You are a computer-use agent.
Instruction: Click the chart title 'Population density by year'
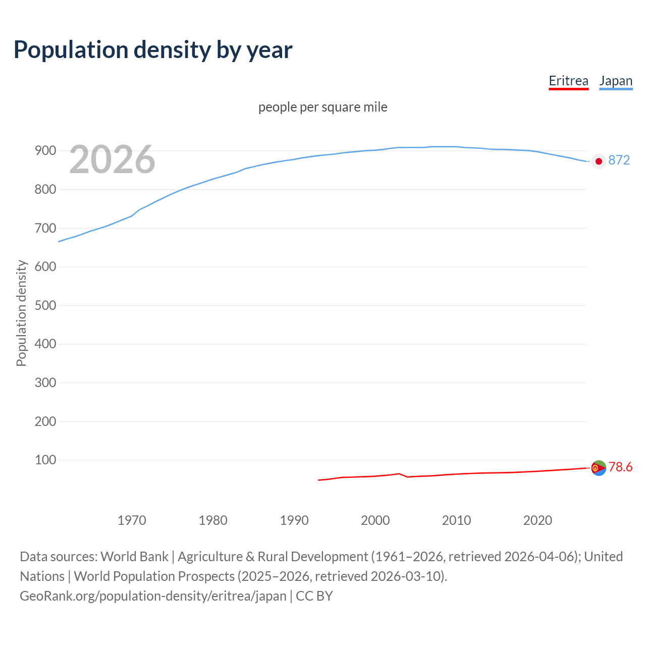coord(153,50)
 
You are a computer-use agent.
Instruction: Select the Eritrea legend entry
coord(568,81)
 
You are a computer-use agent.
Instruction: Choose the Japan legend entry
coord(616,81)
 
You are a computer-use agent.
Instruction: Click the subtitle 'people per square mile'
coord(323,107)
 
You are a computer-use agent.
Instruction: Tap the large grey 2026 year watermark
coord(112,159)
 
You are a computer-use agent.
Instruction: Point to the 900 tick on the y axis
coord(45,151)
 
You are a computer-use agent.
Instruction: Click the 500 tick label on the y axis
coord(45,305)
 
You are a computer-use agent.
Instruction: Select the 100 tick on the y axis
coord(45,460)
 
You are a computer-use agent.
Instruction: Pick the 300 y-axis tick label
coord(45,383)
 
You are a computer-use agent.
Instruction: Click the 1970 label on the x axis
coord(132,520)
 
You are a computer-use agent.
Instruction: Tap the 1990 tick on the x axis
coord(294,520)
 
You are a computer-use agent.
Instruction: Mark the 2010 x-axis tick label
coord(456,520)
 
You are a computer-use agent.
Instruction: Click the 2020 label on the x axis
coord(537,520)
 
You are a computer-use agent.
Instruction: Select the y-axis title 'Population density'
coord(21,313)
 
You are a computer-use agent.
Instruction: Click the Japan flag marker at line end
coord(599,161)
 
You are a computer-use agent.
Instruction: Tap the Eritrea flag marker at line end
coord(598,468)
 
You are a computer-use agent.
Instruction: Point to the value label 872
coord(619,160)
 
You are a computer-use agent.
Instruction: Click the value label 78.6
coord(620,467)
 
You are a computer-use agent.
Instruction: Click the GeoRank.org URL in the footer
coord(153,596)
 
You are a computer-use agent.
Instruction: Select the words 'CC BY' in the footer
coord(314,596)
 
